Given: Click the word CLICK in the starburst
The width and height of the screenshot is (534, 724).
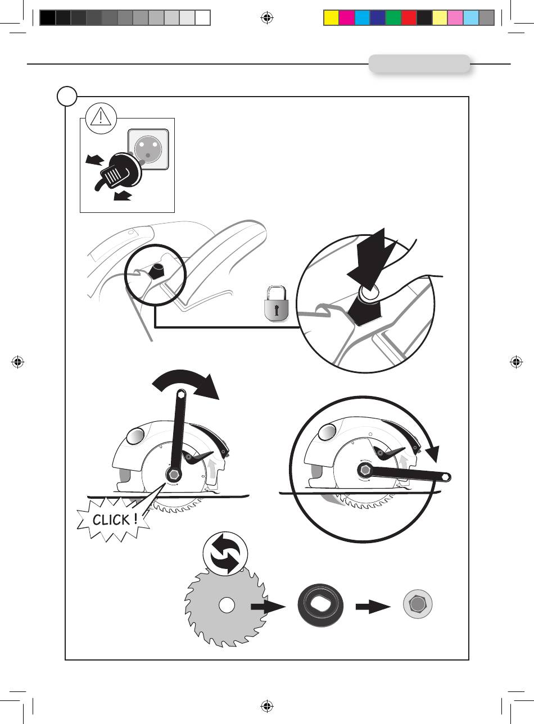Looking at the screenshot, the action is pyautogui.click(x=115, y=520).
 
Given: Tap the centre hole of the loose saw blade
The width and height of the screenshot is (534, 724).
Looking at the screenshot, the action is pyautogui.click(x=227, y=605).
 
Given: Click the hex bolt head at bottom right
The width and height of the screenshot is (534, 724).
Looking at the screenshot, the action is pyautogui.click(x=418, y=605).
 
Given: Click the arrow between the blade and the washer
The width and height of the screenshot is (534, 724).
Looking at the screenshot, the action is pyautogui.click(x=267, y=607).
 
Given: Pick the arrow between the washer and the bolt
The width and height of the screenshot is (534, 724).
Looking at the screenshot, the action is pyautogui.click(x=372, y=607).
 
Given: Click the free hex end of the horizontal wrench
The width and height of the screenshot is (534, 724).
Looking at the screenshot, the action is pyautogui.click(x=445, y=477).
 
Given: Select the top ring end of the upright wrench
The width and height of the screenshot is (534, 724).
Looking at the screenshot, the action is pyautogui.click(x=181, y=395).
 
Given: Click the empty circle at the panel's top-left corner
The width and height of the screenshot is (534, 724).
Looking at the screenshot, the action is pyautogui.click(x=67, y=96).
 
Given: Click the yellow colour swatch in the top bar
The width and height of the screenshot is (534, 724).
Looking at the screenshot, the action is pyautogui.click(x=331, y=18).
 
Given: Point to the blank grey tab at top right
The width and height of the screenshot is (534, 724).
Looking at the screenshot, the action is pyautogui.click(x=419, y=64).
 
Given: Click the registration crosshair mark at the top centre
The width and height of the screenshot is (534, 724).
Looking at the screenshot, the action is pyautogui.click(x=267, y=18).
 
